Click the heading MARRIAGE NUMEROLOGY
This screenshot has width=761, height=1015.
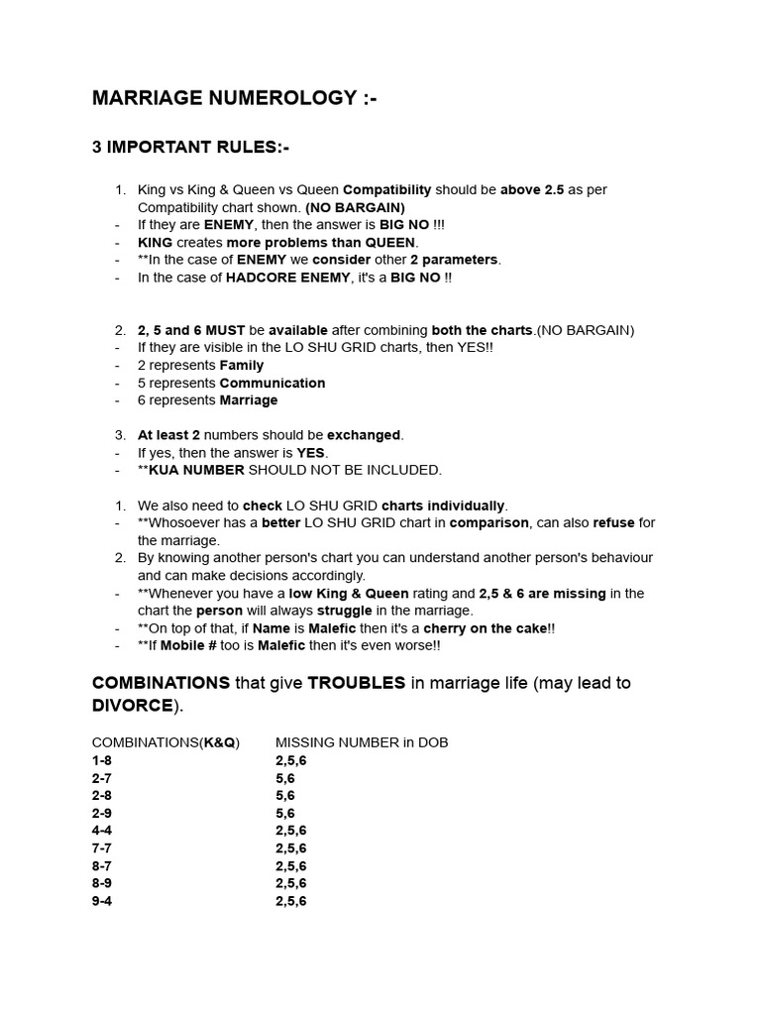click(234, 98)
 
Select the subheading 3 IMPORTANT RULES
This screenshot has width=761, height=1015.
click(190, 148)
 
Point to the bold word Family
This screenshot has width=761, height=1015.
click(242, 366)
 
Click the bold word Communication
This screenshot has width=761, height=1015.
click(272, 383)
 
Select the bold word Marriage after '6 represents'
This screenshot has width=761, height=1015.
click(249, 400)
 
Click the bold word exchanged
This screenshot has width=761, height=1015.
click(367, 435)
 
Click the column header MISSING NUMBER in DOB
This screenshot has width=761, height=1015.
click(362, 742)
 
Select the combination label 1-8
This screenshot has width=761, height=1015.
click(102, 760)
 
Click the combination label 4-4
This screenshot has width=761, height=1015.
click(102, 831)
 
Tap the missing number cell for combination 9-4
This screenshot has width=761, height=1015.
click(290, 901)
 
